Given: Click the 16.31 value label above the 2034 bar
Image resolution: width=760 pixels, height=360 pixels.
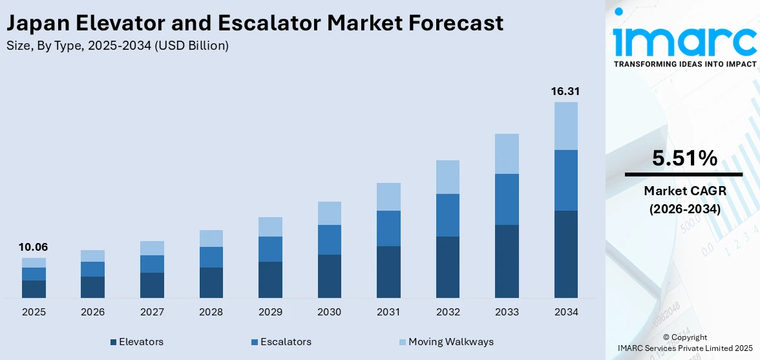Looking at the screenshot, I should tap(565, 92).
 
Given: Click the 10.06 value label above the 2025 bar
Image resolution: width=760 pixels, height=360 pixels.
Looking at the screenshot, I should tap(34, 248).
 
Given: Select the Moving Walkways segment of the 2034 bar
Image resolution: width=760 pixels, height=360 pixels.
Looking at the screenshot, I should tap(565, 126).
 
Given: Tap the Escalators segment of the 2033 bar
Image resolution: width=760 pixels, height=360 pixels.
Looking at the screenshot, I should tap(507, 199).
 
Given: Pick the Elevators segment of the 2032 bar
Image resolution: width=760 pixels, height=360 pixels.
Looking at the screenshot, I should tap(447, 267).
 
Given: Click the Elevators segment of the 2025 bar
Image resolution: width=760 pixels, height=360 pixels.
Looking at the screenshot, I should tap(34, 289).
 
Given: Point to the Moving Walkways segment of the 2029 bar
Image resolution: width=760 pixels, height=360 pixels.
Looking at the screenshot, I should tap(270, 227).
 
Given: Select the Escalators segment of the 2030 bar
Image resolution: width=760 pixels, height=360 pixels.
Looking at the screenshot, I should tap(329, 240).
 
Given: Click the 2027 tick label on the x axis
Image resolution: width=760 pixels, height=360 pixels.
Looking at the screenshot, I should tap(152, 312).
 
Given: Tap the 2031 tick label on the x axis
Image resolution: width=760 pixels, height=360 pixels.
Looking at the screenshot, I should tap(388, 312).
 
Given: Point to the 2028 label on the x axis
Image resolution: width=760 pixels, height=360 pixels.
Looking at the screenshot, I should tap(211, 312).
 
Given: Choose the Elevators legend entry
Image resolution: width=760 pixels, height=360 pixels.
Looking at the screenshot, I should tap(136, 342).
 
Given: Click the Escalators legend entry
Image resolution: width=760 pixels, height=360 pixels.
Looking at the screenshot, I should tap(281, 342).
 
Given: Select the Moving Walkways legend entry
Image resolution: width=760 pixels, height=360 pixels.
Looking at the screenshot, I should tap(445, 342).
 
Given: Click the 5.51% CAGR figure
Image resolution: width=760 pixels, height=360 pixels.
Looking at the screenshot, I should tap(684, 158).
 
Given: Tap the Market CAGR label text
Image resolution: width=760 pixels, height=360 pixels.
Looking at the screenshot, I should tap(684, 191).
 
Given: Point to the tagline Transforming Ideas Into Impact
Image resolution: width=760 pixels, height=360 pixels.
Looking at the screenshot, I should tap(684, 64).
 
